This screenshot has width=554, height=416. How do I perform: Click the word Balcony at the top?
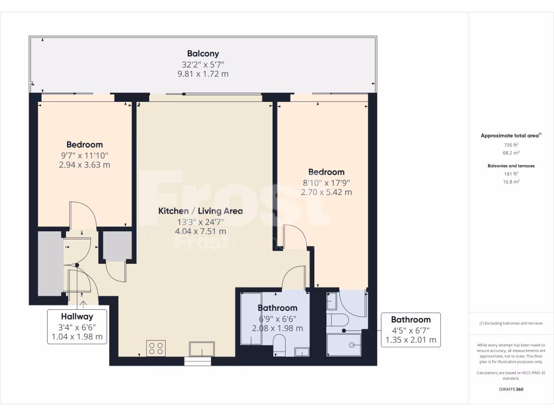pos(203,54)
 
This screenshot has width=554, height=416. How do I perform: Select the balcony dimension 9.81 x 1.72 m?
pos(203,74)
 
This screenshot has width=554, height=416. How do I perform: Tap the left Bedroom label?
pos(84,145)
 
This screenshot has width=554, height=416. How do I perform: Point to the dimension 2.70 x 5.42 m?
pos(324,192)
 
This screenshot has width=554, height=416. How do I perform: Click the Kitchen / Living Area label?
pos(200,211)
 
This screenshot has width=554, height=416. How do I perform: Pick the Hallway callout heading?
pos(77,317)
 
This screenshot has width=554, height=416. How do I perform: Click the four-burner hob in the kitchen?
pos(156,348)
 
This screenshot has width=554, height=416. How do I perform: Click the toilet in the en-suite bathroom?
pos(337,320)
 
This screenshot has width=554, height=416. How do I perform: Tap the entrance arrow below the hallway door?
pos(83,305)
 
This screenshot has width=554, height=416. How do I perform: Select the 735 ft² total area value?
pos(511,145)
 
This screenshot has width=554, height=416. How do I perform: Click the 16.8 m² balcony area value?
pos(511,182)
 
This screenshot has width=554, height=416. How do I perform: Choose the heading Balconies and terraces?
pos(511,166)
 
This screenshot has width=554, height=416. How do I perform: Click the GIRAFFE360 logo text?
pos(511,389)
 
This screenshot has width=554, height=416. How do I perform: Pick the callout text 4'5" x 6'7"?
pos(411,330)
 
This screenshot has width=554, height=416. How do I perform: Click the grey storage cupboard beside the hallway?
pos(50,264)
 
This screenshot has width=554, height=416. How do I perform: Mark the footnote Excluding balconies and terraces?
pos(511,323)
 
